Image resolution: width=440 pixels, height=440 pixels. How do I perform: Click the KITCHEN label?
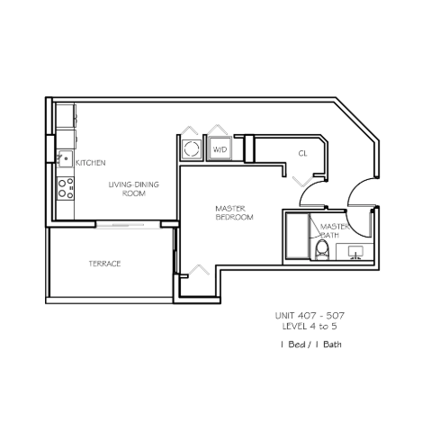tap(91, 163)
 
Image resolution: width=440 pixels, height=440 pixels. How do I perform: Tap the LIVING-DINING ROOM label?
tap(134, 189)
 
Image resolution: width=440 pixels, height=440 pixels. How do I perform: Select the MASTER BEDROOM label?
tap(234, 212)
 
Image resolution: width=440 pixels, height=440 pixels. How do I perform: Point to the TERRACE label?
tap(104, 264)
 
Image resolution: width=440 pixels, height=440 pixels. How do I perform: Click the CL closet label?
tap(302, 154)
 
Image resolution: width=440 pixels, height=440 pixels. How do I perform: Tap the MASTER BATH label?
tap(335, 230)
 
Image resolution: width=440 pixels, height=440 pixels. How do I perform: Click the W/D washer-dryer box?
tap(220, 148)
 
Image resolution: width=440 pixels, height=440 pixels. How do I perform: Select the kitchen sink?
tap(66, 158)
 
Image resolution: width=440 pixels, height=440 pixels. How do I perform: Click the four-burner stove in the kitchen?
tap(66, 188)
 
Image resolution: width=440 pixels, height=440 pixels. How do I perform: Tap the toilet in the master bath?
tap(322, 250)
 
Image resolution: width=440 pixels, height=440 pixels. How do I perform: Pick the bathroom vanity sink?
tap(355, 252)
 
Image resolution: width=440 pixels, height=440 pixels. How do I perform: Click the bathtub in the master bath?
tap(297, 236)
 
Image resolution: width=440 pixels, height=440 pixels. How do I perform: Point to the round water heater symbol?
tap(191, 148)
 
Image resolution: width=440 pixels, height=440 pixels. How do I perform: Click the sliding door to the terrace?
tap(129, 225)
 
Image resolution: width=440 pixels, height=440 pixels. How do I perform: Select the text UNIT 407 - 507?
tap(310, 316)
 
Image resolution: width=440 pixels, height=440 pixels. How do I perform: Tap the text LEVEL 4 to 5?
tap(310, 326)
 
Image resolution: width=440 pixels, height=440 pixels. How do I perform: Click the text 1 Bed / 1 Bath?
tap(311, 345)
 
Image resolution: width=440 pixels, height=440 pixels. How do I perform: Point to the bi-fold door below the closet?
tap(303, 182)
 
